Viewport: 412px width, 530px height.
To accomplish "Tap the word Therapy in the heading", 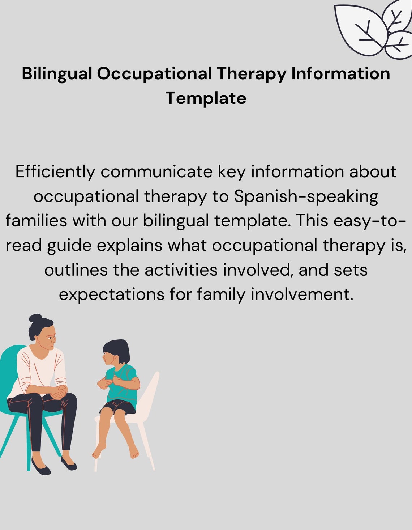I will coord(251,74).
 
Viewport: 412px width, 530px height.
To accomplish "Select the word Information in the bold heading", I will coord(340,74).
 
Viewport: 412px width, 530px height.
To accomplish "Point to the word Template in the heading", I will coord(206,98).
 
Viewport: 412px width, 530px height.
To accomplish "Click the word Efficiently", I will coord(55,172).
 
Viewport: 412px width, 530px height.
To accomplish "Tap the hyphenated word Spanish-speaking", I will coord(306,196).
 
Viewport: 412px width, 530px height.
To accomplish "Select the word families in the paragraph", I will coord(36,221).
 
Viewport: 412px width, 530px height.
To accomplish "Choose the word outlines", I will coord(76,270).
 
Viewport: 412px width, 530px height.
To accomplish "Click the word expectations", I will coord(112,294).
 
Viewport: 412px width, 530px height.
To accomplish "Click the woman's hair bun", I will coord(35,318).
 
